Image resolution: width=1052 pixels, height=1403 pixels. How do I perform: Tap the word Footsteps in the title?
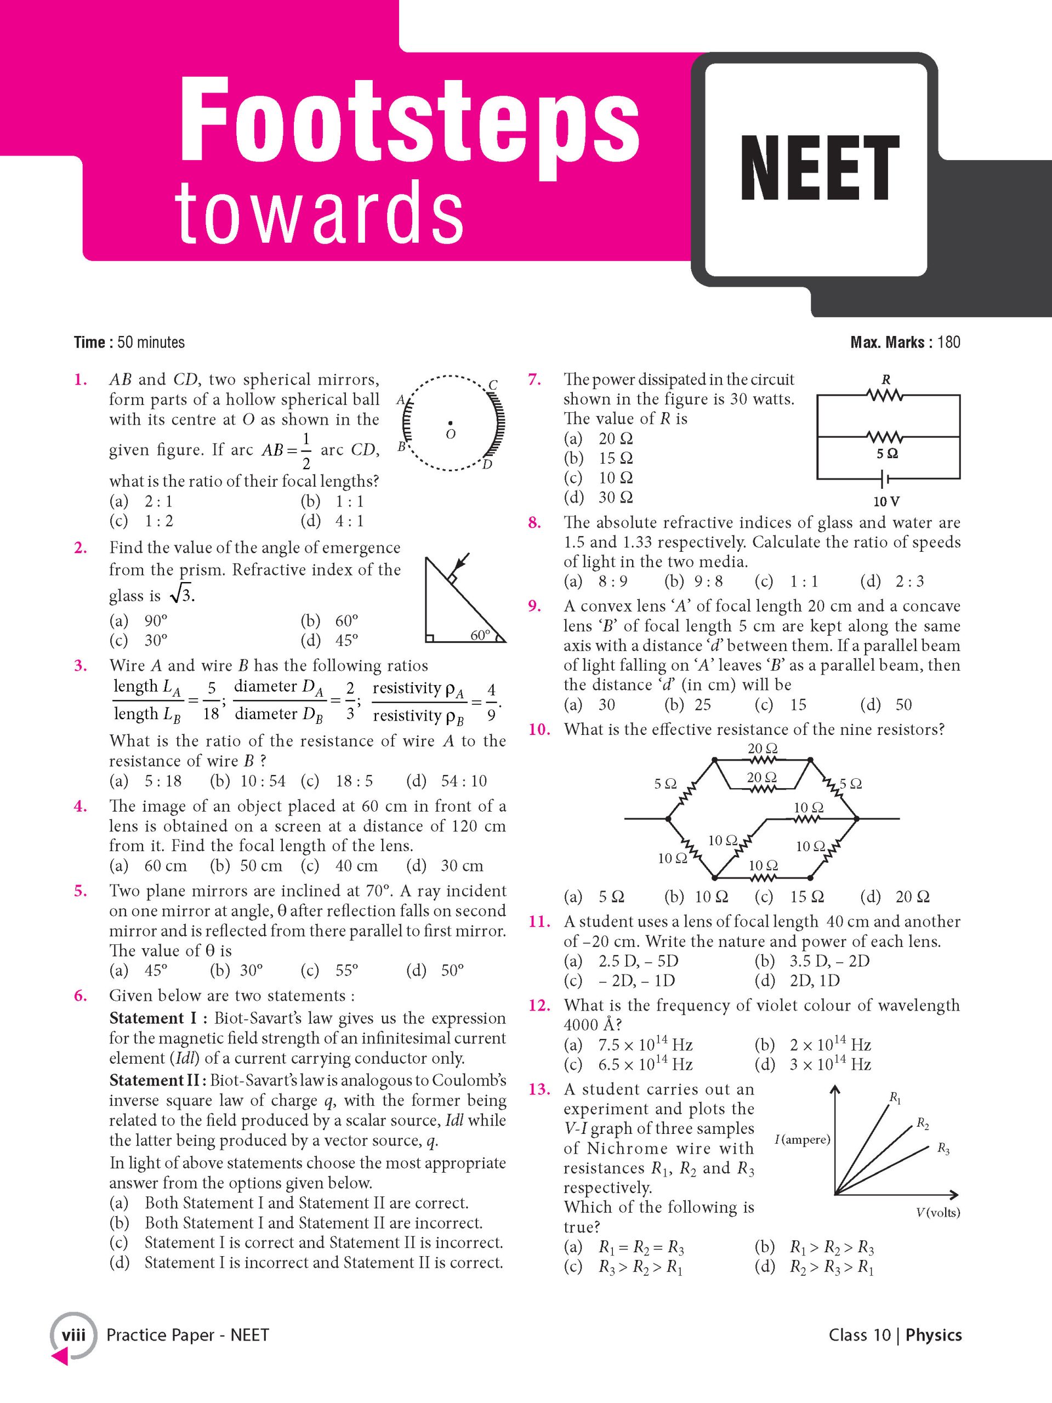point(410,121)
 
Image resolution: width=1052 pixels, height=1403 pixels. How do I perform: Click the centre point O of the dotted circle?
point(451,423)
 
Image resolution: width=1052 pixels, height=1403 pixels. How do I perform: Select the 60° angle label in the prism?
point(480,635)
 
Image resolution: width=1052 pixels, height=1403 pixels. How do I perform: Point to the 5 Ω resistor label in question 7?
point(887,454)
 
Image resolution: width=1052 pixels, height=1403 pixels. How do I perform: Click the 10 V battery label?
point(886,501)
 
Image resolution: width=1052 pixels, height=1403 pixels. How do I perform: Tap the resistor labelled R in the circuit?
point(886,395)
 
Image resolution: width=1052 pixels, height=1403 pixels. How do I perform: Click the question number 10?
point(539,729)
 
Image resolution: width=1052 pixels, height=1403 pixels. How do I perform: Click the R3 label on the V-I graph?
point(943,1149)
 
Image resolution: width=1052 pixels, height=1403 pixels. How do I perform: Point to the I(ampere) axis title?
point(802,1140)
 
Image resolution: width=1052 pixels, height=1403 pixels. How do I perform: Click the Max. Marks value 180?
point(948,343)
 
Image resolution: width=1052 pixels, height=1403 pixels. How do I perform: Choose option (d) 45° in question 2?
point(329,641)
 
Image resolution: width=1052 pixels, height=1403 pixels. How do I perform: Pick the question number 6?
point(81,996)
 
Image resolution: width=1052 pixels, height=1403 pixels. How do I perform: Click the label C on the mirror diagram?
point(493,385)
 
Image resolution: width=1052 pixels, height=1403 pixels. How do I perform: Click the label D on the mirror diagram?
point(487,465)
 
